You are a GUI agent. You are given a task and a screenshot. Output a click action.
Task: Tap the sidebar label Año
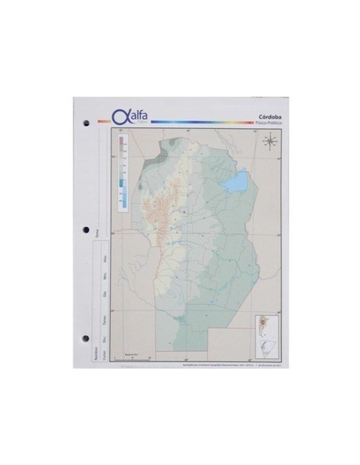[x=105, y=260]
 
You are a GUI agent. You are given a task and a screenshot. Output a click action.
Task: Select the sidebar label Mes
[x=105, y=278]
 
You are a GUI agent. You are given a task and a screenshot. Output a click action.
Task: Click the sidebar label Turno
[x=105, y=318]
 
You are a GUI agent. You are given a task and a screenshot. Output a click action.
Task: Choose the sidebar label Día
[x=105, y=296]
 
